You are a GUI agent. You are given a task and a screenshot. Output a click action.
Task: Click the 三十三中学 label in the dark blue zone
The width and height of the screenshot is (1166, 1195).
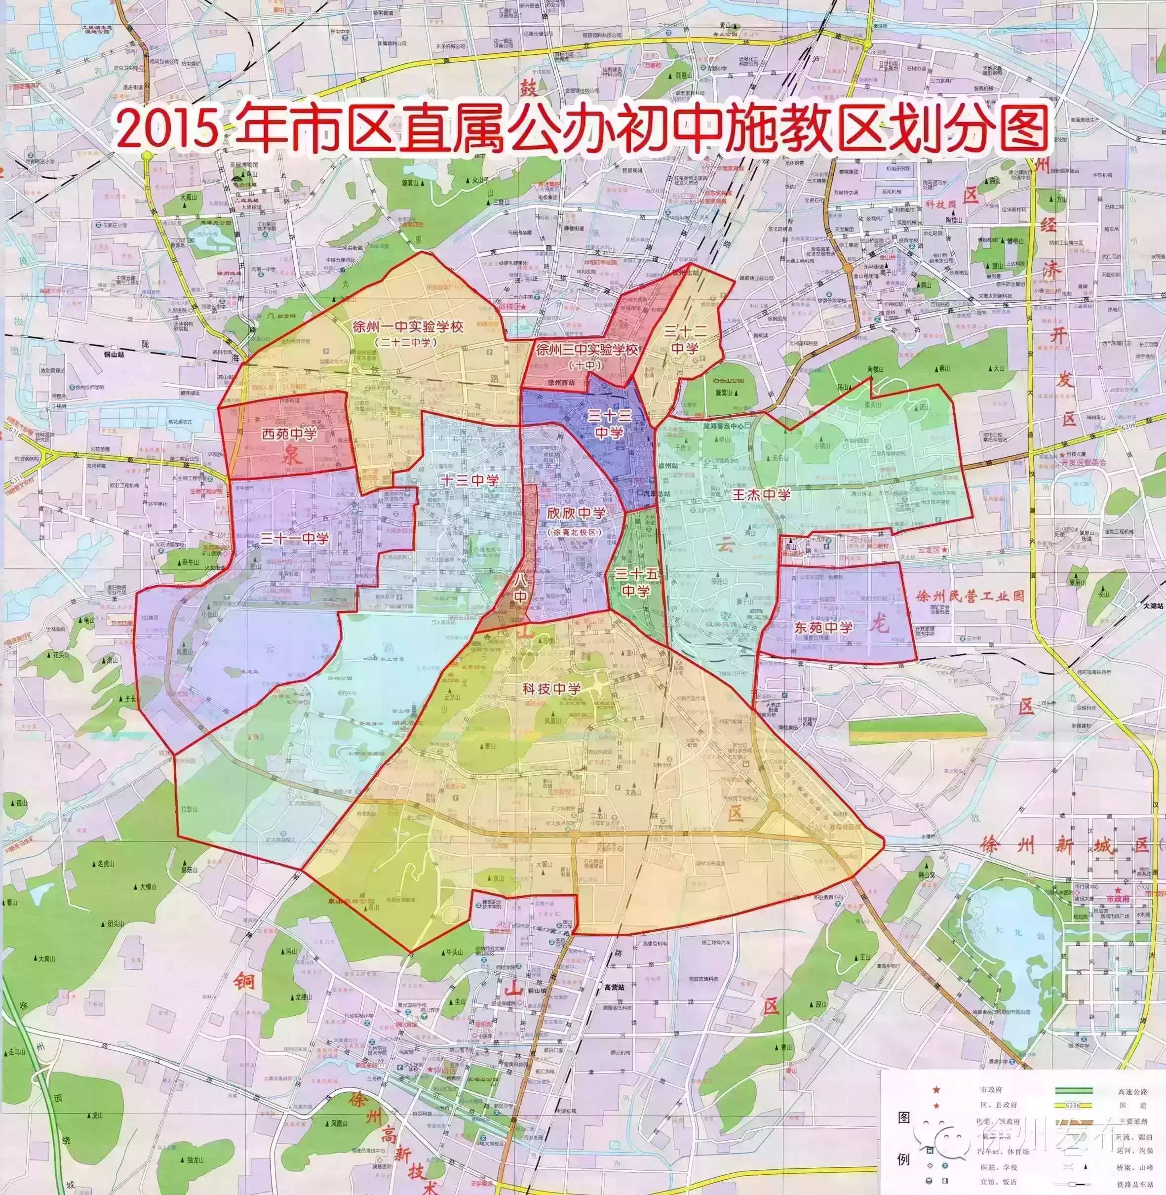[x=609, y=424]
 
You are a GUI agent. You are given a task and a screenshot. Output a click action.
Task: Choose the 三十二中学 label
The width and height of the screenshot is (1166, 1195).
[x=685, y=339]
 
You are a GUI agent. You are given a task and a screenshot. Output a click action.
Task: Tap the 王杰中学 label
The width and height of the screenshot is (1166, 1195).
[x=761, y=494]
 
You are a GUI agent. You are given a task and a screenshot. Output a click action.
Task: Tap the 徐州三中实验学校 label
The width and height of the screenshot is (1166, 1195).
[x=586, y=350]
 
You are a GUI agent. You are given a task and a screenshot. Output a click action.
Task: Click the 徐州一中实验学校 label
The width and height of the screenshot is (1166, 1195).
[x=407, y=326]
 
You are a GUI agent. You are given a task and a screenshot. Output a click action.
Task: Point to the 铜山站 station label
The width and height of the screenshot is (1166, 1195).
[x=113, y=354]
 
